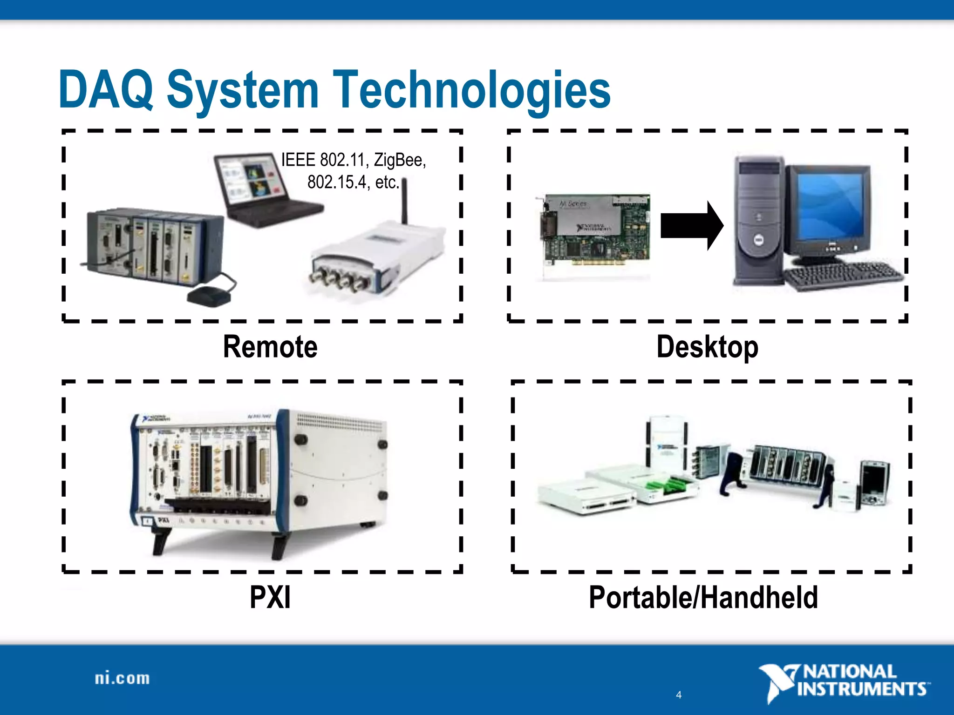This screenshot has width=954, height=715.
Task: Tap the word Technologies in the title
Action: (x=471, y=89)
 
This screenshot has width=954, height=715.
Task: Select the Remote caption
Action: (x=270, y=347)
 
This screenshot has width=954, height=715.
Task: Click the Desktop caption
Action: (x=707, y=347)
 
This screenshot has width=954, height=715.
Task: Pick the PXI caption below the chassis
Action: (x=270, y=597)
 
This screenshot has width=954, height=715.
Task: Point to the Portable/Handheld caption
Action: (x=703, y=597)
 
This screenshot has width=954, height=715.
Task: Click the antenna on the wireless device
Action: (x=404, y=200)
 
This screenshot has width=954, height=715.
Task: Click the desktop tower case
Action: (x=757, y=221)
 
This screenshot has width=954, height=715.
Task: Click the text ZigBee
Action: (x=400, y=160)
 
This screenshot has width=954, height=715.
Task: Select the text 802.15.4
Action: (x=336, y=182)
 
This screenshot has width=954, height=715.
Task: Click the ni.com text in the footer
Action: (x=122, y=678)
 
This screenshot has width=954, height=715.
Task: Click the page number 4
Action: (x=679, y=695)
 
